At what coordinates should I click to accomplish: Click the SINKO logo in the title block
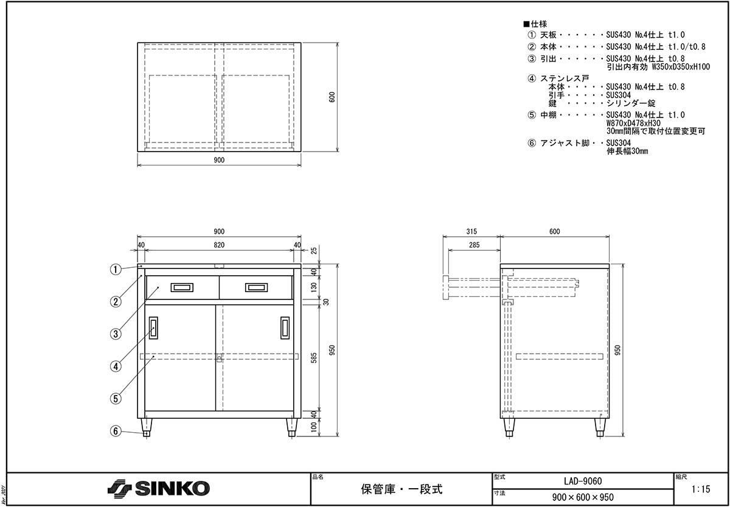click(x=158, y=488)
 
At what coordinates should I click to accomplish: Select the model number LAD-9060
click(x=583, y=481)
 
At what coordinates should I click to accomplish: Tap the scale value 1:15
click(x=701, y=489)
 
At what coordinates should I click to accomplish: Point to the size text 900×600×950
click(x=583, y=497)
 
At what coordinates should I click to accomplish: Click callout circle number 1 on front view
click(x=116, y=269)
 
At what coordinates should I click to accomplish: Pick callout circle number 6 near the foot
click(x=116, y=431)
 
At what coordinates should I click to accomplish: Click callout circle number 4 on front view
click(x=116, y=366)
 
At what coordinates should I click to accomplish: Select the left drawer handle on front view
click(x=182, y=287)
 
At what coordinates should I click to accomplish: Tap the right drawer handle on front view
click(x=256, y=287)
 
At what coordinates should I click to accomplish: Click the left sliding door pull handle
click(x=153, y=328)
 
